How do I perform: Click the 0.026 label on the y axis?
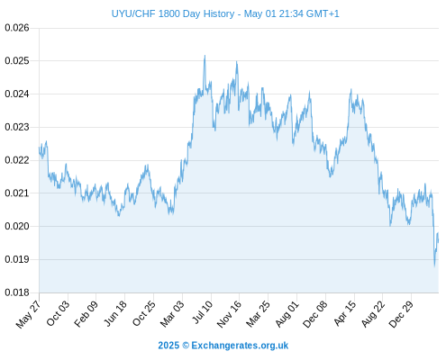tap(17, 28)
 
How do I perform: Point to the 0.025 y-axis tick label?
tap(17, 61)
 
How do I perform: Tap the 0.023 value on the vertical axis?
tap(17, 127)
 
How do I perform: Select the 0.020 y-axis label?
tap(17, 226)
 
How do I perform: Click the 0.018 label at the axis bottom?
tap(17, 292)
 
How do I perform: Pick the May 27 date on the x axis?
tap(29, 314)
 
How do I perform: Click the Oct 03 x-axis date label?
tap(58, 313)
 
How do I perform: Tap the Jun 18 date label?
tap(115, 313)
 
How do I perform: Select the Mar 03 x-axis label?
tap(172, 313)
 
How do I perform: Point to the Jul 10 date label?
tap(203, 312)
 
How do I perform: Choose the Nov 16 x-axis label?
tap(229, 314)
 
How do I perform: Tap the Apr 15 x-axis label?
tap(345, 313)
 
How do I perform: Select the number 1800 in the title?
tap(169, 13)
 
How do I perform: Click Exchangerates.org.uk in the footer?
tap(240, 346)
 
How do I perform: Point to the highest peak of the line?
tap(205, 56)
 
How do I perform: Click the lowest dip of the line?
tap(434, 265)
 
